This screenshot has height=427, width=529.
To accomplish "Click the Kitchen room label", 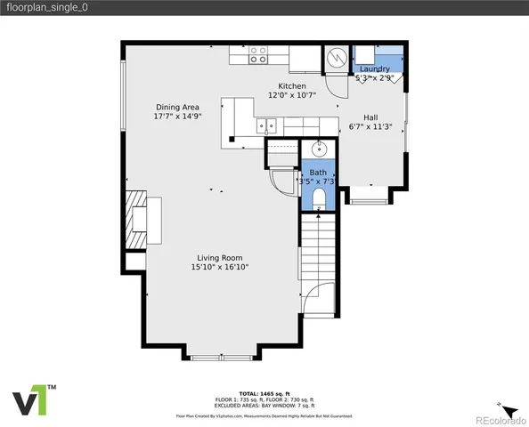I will (292, 85).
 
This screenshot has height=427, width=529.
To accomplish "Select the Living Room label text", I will (219, 257).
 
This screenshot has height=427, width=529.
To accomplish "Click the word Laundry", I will (374, 68).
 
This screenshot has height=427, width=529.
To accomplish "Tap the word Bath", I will (318, 172).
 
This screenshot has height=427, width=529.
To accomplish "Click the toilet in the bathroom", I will (318, 198).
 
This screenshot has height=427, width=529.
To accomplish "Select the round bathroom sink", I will (320, 149).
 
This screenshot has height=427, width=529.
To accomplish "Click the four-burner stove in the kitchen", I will (258, 55).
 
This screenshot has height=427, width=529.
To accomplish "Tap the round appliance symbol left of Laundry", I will (337, 57).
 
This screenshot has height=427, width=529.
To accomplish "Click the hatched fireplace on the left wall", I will (134, 219).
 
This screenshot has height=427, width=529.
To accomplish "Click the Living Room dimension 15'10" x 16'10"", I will (219, 267).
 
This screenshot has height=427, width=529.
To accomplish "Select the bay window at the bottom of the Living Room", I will (221, 356).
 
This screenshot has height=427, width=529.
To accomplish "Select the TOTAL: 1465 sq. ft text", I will (264, 392).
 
